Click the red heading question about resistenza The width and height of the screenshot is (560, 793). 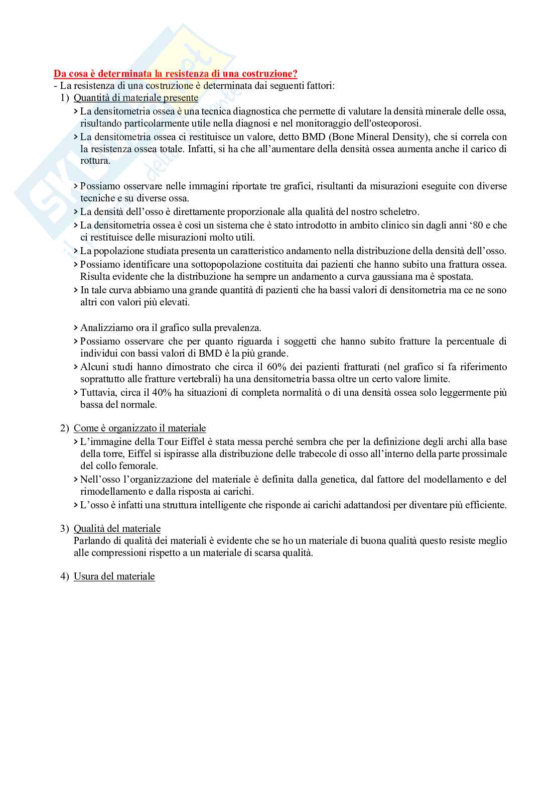[x=175, y=74]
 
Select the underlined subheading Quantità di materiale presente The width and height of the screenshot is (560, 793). [x=136, y=98]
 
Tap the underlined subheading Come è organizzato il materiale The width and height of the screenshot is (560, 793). [x=139, y=428]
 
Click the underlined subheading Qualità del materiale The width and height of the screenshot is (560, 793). [x=117, y=528]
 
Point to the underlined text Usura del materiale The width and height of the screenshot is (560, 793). [x=114, y=577]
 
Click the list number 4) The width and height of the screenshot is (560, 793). [x=64, y=577]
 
